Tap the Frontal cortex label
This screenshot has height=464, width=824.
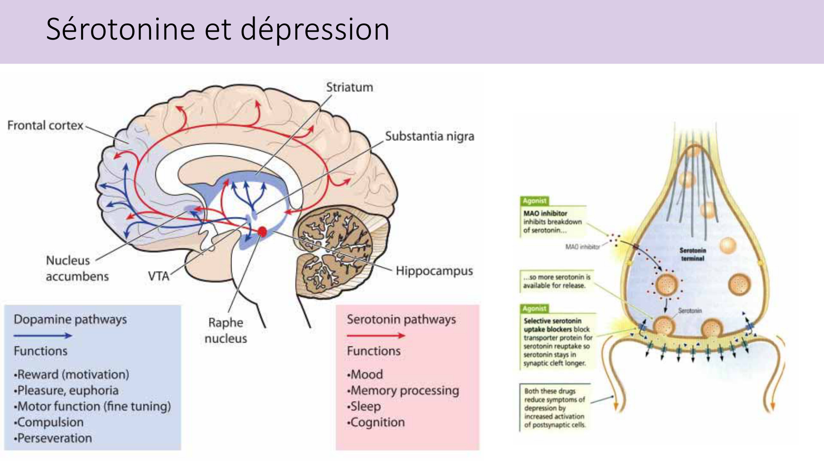(x=45, y=125)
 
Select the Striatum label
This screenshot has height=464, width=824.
(x=349, y=87)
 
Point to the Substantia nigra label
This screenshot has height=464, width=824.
(x=429, y=136)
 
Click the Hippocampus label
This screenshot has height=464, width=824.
(x=434, y=271)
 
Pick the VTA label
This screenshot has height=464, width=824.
(x=159, y=276)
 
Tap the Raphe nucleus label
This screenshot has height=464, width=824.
(x=226, y=330)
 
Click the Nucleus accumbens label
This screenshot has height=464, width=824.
(x=77, y=268)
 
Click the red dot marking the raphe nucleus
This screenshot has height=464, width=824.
(x=262, y=232)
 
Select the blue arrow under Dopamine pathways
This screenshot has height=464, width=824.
(x=42, y=336)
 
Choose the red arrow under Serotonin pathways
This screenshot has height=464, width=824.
(x=376, y=336)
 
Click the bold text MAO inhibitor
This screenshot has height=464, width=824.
(x=545, y=213)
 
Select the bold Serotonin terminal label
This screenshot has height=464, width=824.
(x=693, y=254)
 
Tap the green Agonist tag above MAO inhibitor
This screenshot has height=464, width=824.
(x=534, y=201)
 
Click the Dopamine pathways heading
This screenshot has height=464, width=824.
(x=70, y=319)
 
